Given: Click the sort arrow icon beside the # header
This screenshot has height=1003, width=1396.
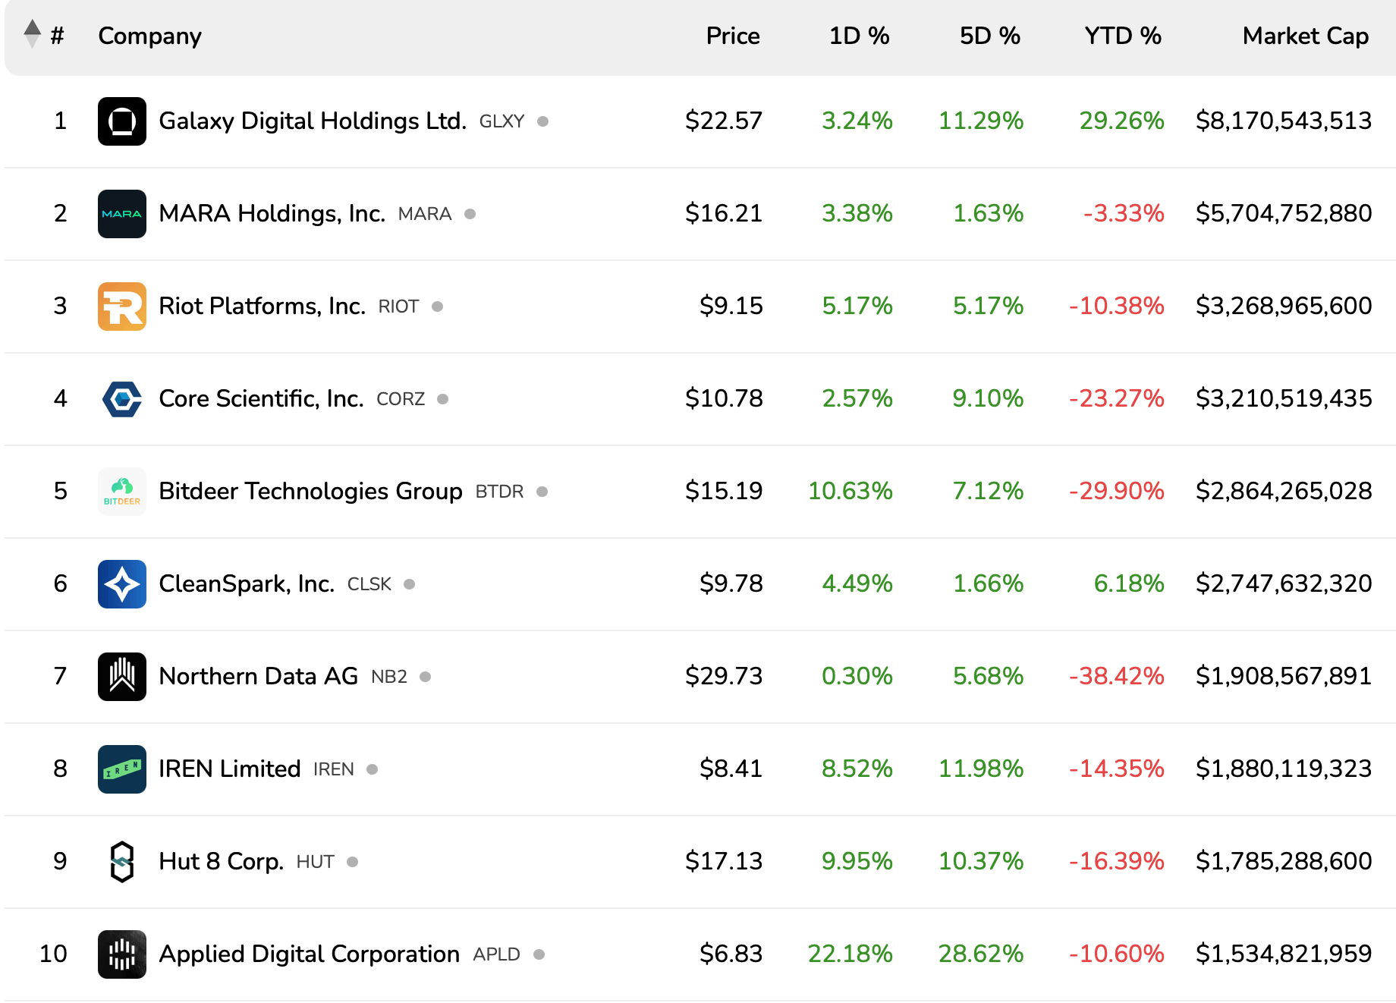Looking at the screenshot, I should (32, 34).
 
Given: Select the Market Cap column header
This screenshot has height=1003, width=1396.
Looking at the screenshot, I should (1305, 36).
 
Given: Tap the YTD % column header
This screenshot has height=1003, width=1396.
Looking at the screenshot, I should (1122, 36).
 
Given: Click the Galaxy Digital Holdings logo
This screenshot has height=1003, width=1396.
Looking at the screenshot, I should (122, 121).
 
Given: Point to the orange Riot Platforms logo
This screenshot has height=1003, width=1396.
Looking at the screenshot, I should (122, 307).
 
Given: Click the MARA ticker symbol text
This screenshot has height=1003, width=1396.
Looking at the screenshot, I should (424, 215).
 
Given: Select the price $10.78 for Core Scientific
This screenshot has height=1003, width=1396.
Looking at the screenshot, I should (723, 398).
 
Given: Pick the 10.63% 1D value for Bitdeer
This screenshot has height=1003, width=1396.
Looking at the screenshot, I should (850, 491).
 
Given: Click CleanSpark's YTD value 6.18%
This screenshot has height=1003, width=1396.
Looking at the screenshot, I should (1128, 583).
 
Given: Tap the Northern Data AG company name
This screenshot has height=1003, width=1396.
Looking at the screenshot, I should (258, 676).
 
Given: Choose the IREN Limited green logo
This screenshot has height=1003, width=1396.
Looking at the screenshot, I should (122, 769).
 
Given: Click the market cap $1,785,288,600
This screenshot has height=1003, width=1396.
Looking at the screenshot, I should (1283, 861).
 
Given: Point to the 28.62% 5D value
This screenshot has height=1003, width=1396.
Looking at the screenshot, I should (980, 954).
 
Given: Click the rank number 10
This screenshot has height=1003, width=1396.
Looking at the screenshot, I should (53, 954).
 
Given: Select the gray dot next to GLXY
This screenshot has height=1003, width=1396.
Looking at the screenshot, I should (542, 121).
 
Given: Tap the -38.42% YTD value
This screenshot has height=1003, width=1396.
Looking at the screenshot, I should (1116, 676).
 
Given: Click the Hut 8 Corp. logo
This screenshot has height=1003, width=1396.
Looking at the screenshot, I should (122, 862).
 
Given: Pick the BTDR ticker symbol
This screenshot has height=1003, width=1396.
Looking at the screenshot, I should (499, 492).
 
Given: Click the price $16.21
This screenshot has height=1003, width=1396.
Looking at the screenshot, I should (723, 213).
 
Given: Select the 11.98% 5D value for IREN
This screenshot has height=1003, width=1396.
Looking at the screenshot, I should (980, 769).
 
